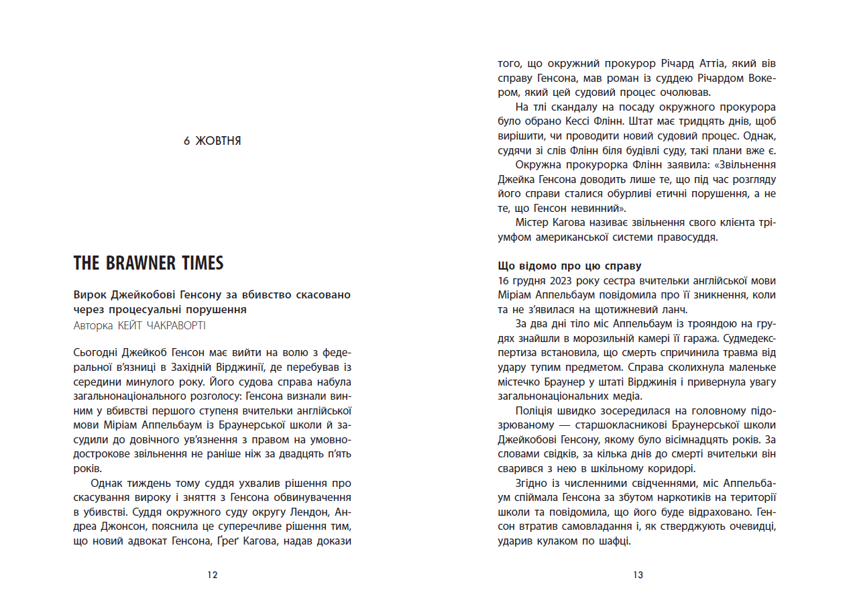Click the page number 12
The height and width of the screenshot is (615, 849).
click(213, 575)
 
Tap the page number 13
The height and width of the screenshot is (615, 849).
click(638, 575)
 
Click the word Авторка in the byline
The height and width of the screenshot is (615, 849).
click(93, 325)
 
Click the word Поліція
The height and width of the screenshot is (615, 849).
click(536, 411)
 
